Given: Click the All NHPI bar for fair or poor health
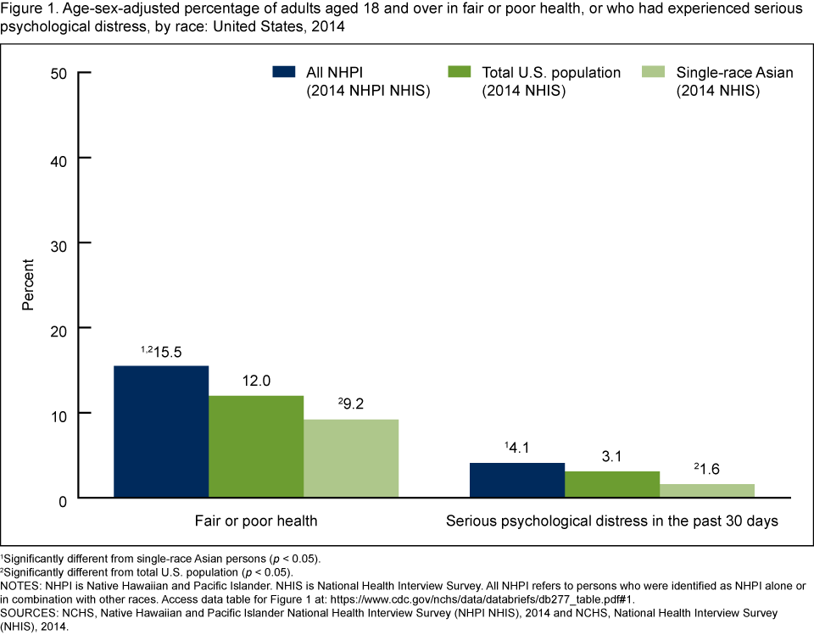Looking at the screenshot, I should (161, 432).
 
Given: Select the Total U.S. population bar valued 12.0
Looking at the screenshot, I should (256, 447).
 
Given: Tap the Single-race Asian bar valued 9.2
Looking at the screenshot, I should (351, 459).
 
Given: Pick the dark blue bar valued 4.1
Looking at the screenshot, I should (517, 480).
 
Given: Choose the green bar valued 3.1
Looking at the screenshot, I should (612, 484).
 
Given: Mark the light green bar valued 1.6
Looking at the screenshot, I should (707, 491).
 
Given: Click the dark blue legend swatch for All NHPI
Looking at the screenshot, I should (283, 72).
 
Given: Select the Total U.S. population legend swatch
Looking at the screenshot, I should (459, 72).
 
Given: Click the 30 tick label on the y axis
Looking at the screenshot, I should (59, 243).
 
